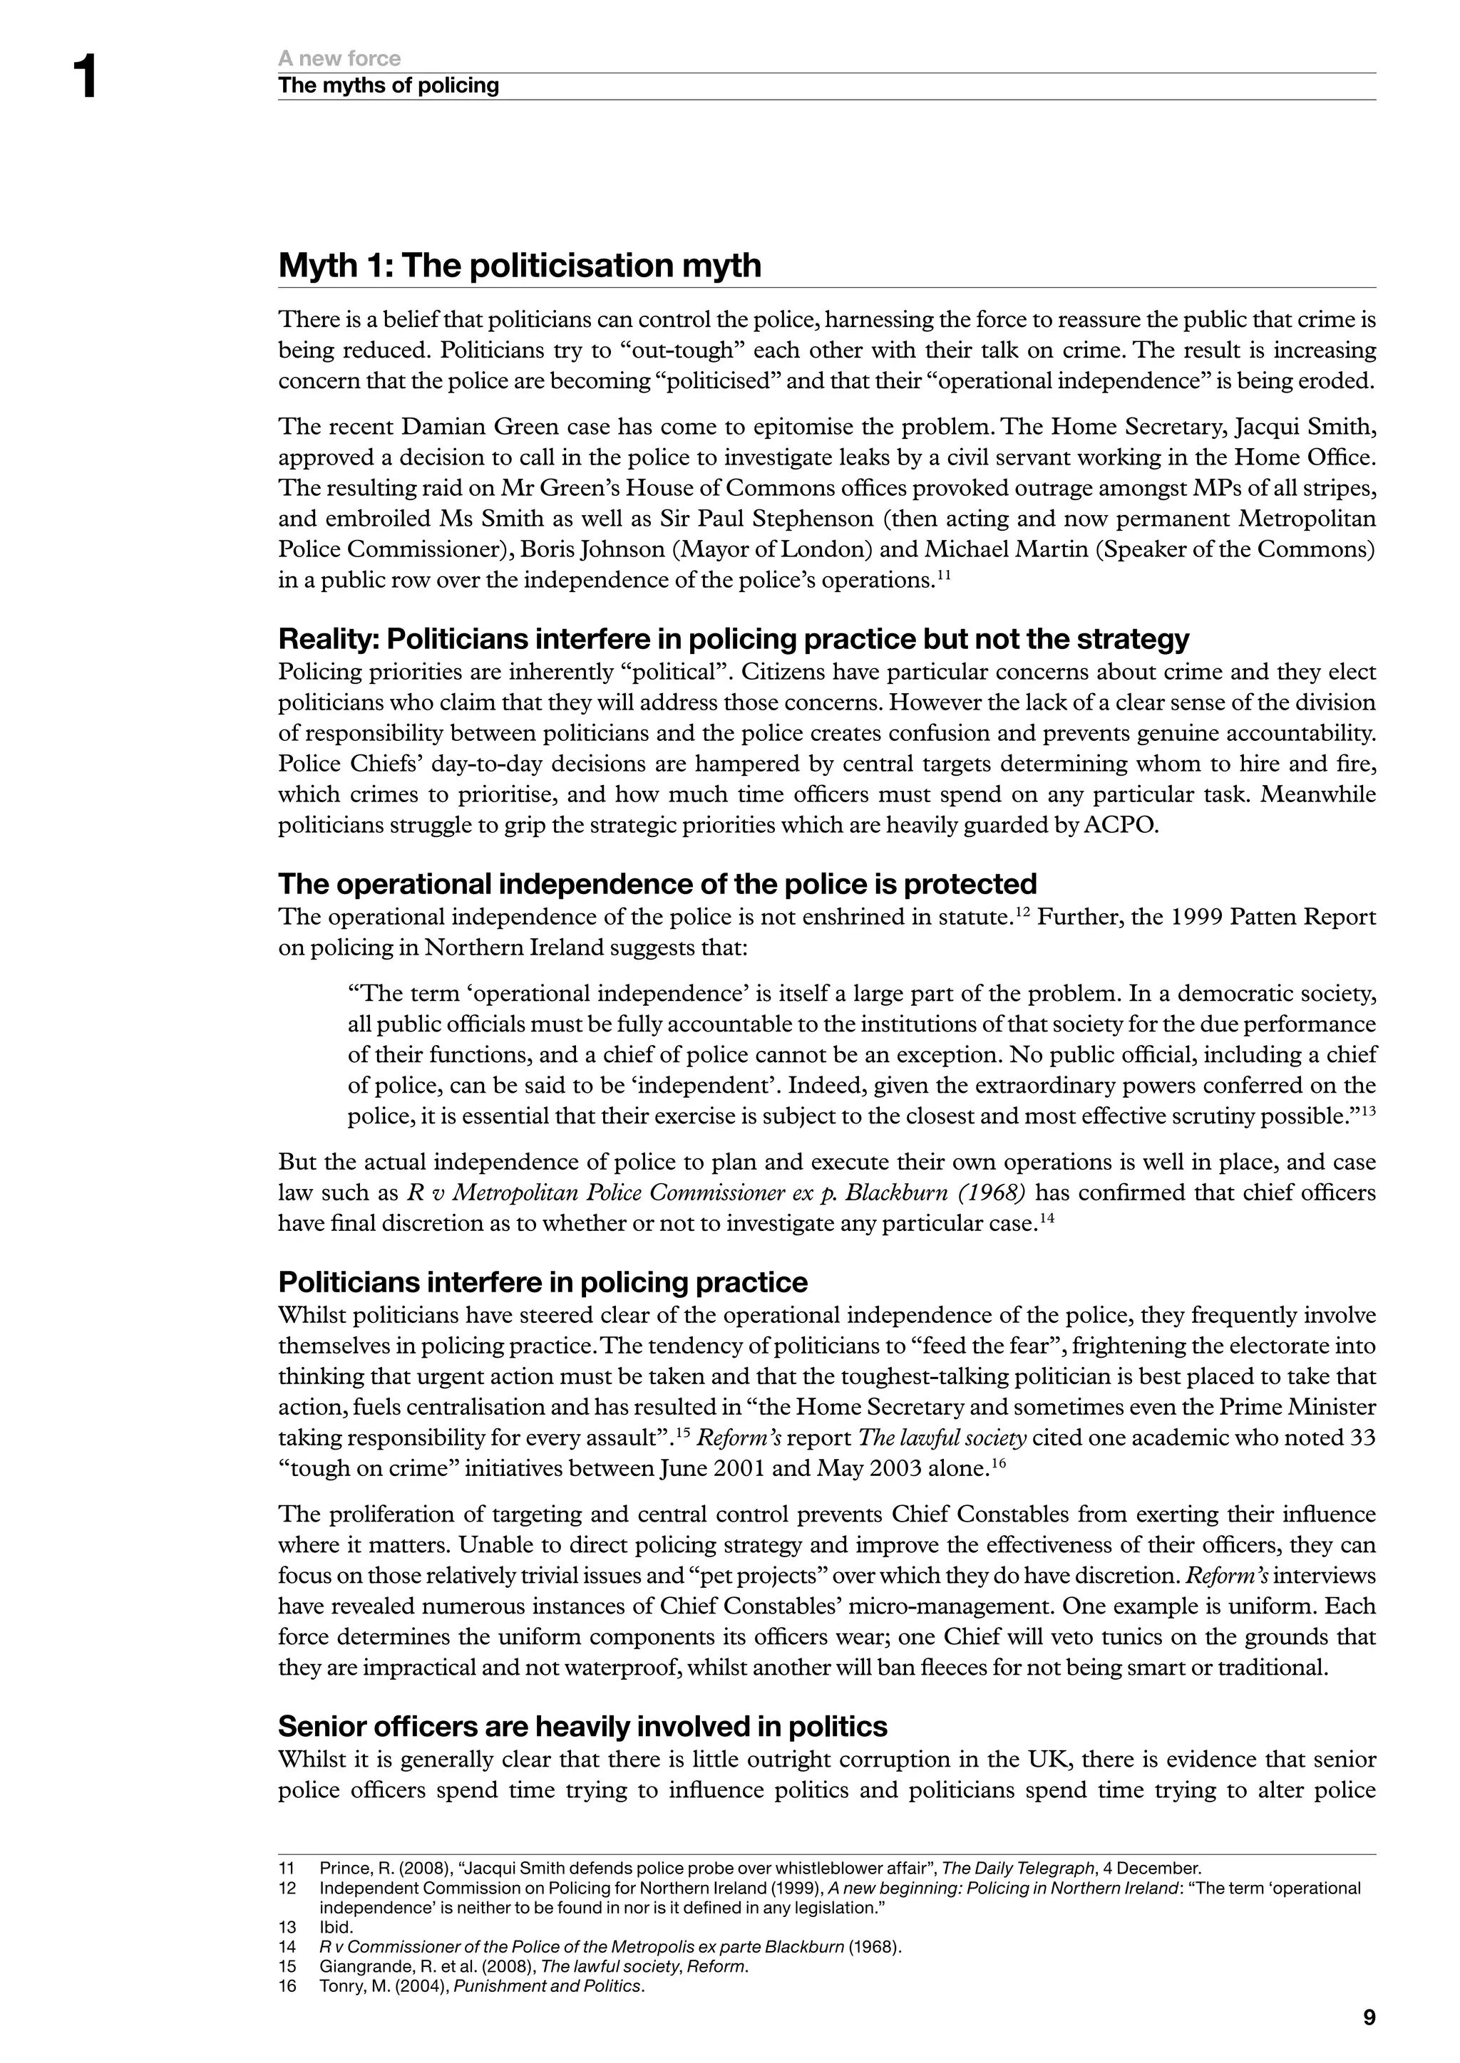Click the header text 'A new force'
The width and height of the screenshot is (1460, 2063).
(x=339, y=58)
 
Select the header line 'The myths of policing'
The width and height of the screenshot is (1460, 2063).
(x=388, y=85)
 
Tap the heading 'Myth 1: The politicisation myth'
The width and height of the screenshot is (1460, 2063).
(x=520, y=266)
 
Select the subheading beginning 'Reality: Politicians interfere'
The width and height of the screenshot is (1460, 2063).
(x=733, y=639)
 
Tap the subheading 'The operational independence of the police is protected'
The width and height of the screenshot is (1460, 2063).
(x=657, y=884)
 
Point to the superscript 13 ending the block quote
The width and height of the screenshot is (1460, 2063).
(x=1367, y=1111)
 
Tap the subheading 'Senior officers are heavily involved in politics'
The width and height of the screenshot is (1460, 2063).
(x=582, y=1726)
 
